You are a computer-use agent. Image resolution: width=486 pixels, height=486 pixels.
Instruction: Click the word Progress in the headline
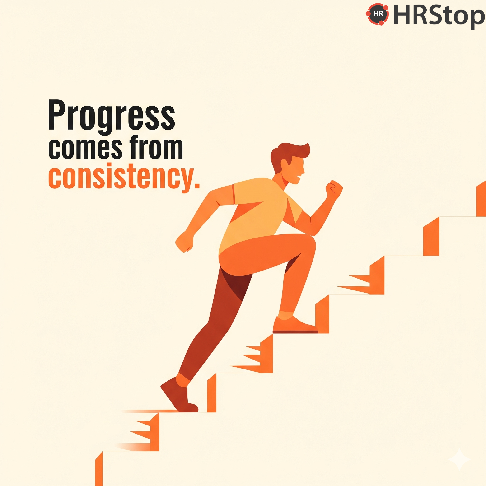click(x=112, y=116)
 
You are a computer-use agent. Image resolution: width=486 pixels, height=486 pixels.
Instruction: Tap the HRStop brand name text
click(x=439, y=16)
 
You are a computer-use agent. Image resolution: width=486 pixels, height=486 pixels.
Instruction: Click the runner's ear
click(x=285, y=164)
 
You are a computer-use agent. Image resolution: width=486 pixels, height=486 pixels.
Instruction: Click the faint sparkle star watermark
click(x=459, y=459)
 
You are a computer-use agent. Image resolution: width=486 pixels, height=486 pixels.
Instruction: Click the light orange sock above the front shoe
click(x=285, y=315)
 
